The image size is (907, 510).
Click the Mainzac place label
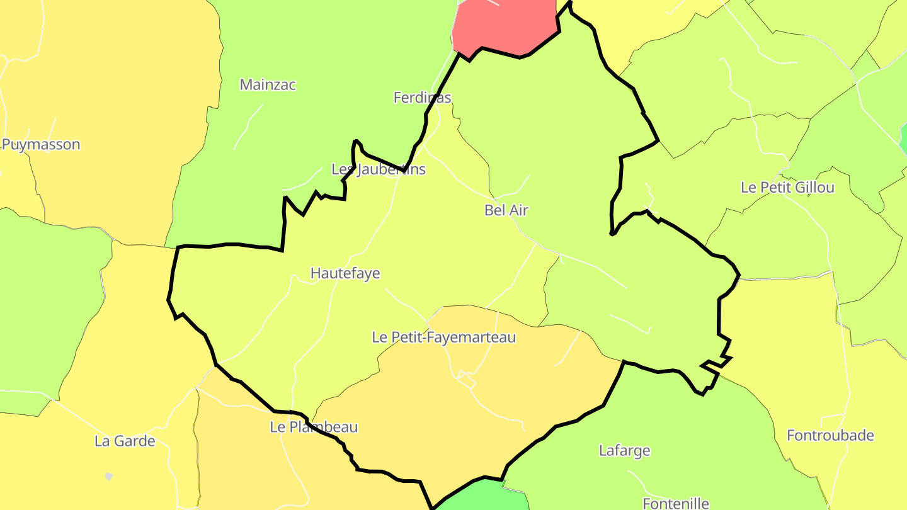[268, 84]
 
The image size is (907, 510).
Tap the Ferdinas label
[422, 98]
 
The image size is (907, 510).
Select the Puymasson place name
[42, 144]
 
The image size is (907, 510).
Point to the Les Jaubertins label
[379, 169]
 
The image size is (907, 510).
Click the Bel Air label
[506, 210]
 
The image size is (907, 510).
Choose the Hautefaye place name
[345, 273]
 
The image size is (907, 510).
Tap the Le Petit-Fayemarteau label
[443, 337]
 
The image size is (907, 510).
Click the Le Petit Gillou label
[787, 188]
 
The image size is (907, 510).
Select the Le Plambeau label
[314, 427]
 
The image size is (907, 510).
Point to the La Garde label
[125, 441]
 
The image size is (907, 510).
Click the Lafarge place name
[624, 450]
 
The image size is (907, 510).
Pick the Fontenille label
[675, 503]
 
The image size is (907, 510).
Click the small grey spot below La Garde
[109, 477]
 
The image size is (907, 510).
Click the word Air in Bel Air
[518, 210]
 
